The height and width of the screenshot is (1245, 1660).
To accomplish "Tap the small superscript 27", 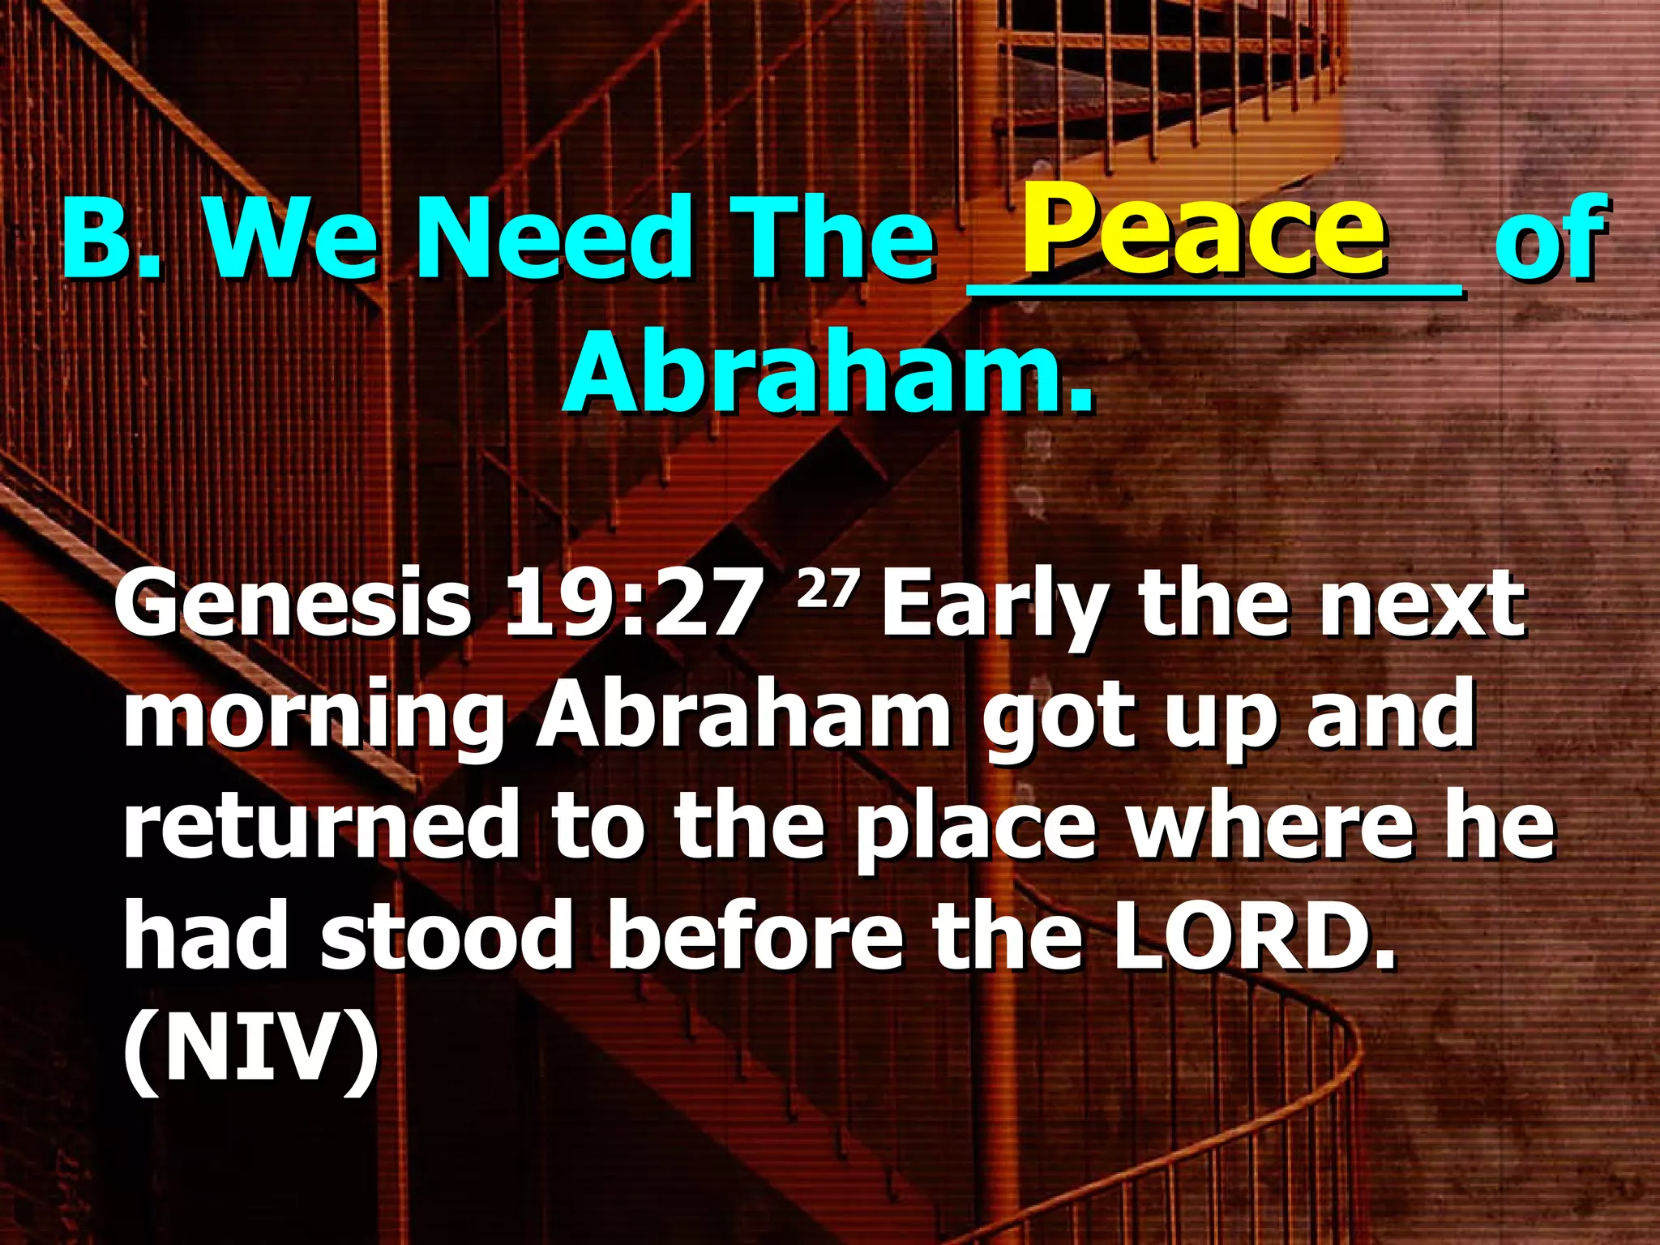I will pyautogui.click(x=826, y=589).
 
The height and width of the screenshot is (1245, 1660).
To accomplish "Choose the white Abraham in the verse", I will pyautogui.click(x=743, y=715).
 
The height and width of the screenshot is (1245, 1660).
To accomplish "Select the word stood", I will pyautogui.click(x=447, y=938).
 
